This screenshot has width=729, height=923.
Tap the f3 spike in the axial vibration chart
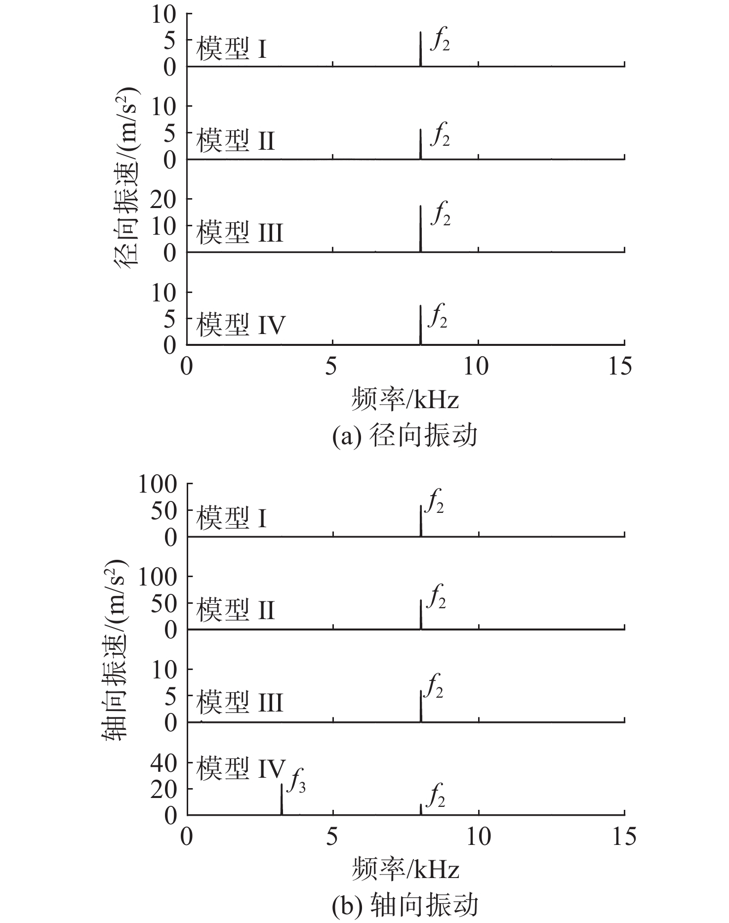pos(282,799)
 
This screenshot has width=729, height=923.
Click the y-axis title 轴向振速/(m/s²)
pos(115,650)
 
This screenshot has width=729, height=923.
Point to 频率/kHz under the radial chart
pos(405,399)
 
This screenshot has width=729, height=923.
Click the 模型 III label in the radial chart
pos(240,232)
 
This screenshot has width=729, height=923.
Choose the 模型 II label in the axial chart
pos(235,610)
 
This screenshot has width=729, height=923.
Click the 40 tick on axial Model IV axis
pos(164,763)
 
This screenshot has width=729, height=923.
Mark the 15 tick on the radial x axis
pos(620,367)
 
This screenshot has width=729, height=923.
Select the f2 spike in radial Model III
pos(420,229)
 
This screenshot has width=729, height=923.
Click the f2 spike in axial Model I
pos(421,521)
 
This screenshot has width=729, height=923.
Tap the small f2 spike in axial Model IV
pos(421,810)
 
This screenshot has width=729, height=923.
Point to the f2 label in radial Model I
pos(440,40)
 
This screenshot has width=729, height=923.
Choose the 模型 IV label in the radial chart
pos(241,325)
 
